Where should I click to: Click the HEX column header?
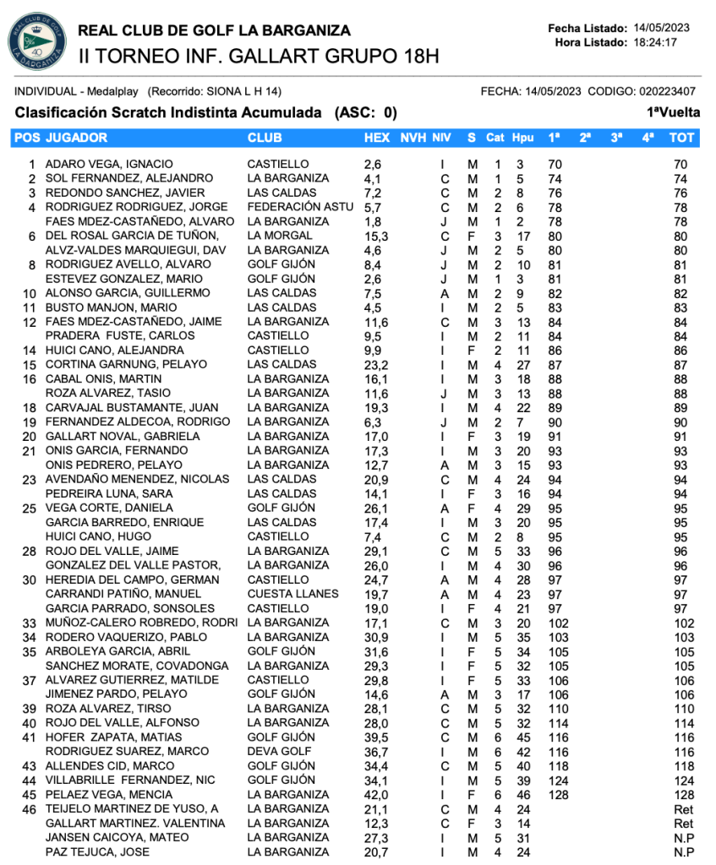click(x=377, y=138)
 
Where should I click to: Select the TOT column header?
click(x=681, y=138)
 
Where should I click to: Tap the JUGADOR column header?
click(x=76, y=138)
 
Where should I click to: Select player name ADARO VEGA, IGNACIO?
click(x=109, y=164)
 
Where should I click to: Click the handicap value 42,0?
click(x=376, y=795)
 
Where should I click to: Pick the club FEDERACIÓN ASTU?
click(x=300, y=207)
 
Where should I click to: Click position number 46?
click(x=30, y=809)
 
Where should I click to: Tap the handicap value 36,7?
click(x=376, y=752)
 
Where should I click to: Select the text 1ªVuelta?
click(x=674, y=112)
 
